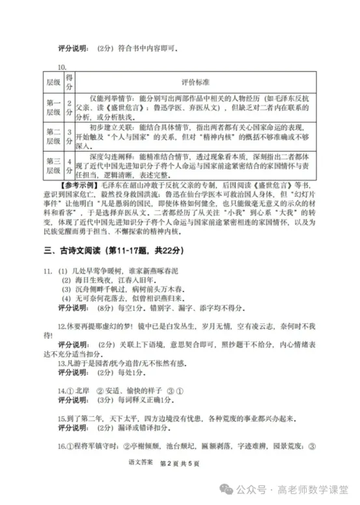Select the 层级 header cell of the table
point(52,83)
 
